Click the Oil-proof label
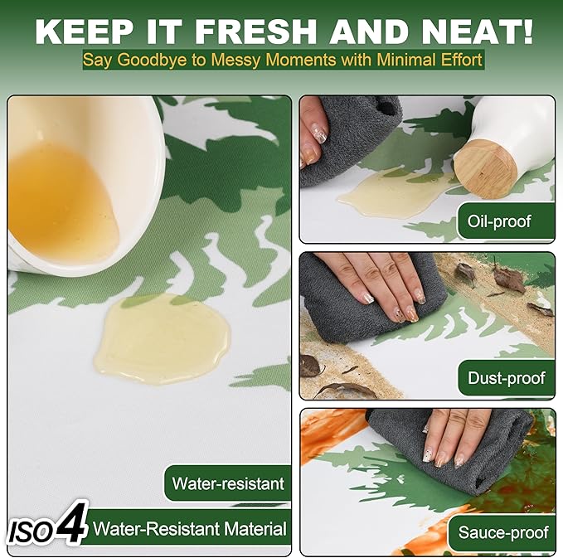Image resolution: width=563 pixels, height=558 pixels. pyautogui.click(x=498, y=221)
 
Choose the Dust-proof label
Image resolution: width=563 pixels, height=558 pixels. pyautogui.click(x=507, y=378)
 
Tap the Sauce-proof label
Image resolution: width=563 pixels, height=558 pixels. pyautogui.click(x=503, y=532)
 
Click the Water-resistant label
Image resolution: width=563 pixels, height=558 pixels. pyautogui.click(x=228, y=483)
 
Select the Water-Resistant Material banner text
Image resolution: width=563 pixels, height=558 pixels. pyautogui.click(x=190, y=529)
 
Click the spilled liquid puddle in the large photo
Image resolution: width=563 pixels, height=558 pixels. pyautogui.click(x=162, y=337)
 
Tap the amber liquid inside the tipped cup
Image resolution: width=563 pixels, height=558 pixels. pyautogui.click(x=59, y=201)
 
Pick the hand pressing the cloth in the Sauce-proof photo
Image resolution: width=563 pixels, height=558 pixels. pyautogui.click(x=453, y=436)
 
